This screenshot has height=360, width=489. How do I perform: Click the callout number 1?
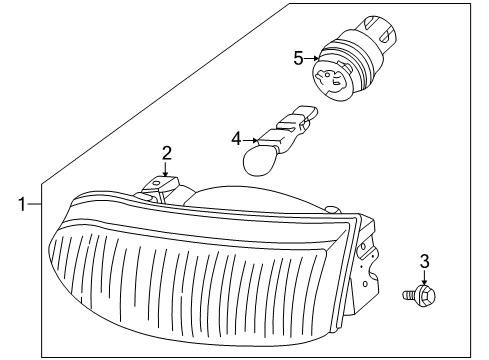click(x=21, y=205)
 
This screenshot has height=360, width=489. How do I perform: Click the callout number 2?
click(x=166, y=152)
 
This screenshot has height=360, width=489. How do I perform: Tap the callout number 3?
click(x=423, y=261)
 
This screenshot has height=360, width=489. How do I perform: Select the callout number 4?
click(x=236, y=138)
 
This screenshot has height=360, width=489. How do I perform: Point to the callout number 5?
click(x=297, y=58)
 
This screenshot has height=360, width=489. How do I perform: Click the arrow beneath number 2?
click(x=166, y=171)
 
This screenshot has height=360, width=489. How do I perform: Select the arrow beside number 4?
click(x=254, y=138)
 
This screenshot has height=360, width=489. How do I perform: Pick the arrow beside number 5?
click(x=312, y=58)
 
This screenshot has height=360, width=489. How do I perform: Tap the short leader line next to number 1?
click(x=35, y=205)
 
